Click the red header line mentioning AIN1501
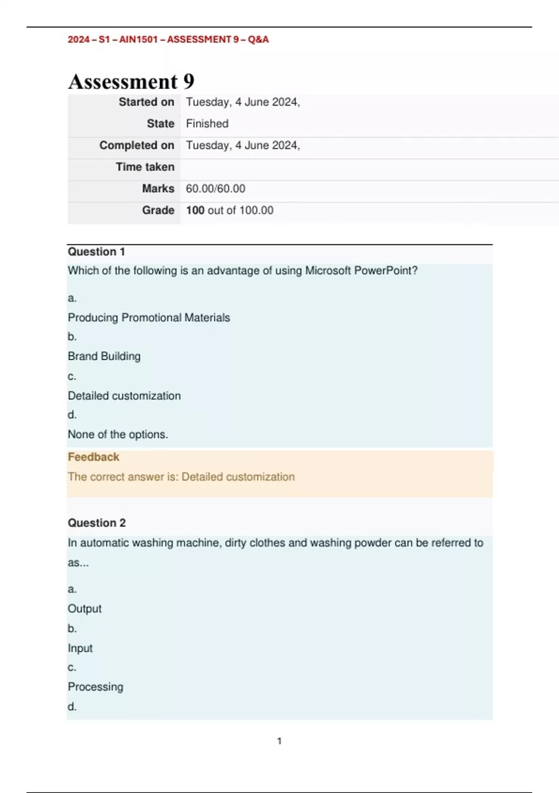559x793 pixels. pyautogui.click(x=168, y=40)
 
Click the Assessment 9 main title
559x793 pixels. pyautogui.click(x=131, y=82)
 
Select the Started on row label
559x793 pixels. pyautogui.click(x=146, y=102)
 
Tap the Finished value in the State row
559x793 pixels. pyautogui.click(x=207, y=124)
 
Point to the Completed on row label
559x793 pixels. pyautogui.click(x=136, y=145)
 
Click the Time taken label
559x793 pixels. pyautogui.click(x=145, y=167)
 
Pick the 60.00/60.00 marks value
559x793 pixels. pyautogui.click(x=215, y=188)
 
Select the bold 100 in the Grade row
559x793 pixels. pyautogui.click(x=195, y=210)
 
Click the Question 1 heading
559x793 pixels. pyautogui.click(x=96, y=252)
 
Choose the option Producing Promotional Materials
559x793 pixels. pyautogui.click(x=149, y=318)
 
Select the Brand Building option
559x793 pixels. pyautogui.click(x=104, y=356)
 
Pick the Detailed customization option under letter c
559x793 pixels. pyautogui.click(x=124, y=396)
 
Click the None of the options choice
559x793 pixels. pyautogui.click(x=118, y=434)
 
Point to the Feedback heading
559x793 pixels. pyautogui.click(x=94, y=457)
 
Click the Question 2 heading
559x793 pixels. pyautogui.click(x=97, y=523)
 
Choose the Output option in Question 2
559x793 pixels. pyautogui.click(x=85, y=609)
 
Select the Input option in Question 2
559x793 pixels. pyautogui.click(x=80, y=648)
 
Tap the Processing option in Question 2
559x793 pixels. pyautogui.click(x=95, y=687)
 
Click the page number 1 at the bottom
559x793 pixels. pyautogui.click(x=279, y=741)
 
